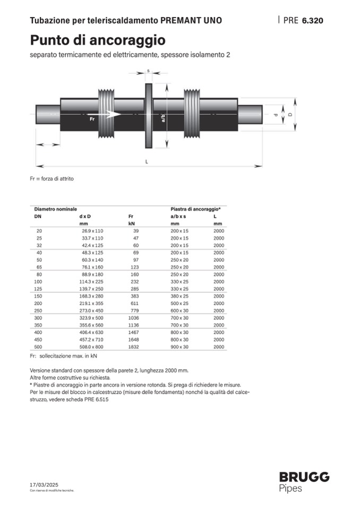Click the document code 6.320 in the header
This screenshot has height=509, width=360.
pos(312,21)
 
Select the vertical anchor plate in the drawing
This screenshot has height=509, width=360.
pos(148,116)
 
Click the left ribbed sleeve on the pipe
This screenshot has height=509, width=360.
pos(106,114)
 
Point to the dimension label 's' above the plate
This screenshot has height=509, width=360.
pos(148,71)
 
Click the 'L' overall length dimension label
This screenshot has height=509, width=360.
pos(147,161)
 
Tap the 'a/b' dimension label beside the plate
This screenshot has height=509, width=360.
pos(163,118)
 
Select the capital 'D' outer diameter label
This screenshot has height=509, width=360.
pos(290,114)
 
